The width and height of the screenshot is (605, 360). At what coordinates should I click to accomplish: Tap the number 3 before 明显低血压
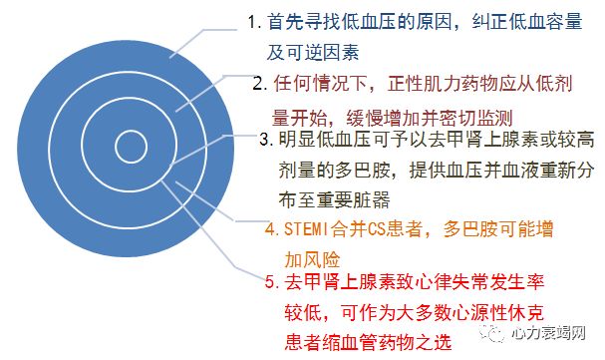(x=264, y=142)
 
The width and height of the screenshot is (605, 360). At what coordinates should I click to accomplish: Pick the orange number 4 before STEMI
(x=269, y=229)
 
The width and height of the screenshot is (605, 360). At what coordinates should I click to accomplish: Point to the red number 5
(x=272, y=283)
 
